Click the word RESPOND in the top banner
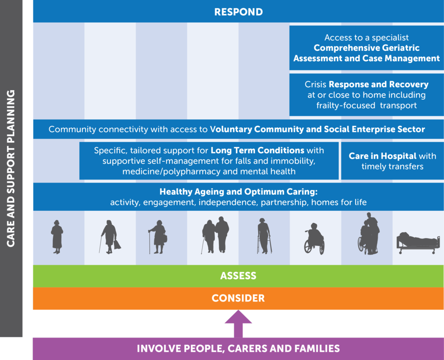pyautogui.click(x=238, y=12)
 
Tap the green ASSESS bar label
pyautogui.click(x=238, y=276)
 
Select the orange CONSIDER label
pyautogui.click(x=238, y=298)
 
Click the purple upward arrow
pyautogui.click(x=238, y=323)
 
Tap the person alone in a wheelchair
pyautogui.click(x=314, y=241)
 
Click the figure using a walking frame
pyautogui.click(x=264, y=236)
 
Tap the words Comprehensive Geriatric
pyautogui.click(x=366, y=48)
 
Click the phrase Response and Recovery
pyautogui.click(x=379, y=84)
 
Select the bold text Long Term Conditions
pyautogui.click(x=257, y=151)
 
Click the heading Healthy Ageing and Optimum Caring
pyautogui.click(x=238, y=191)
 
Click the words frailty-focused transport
pyautogui.click(x=366, y=105)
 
